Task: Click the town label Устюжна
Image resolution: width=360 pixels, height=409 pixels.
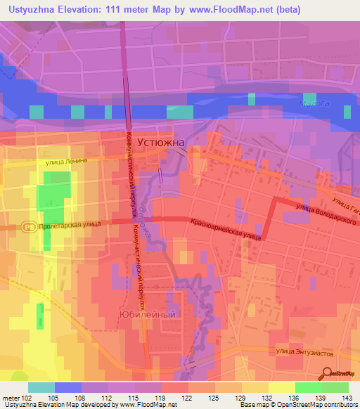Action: pyautogui.click(x=161, y=141)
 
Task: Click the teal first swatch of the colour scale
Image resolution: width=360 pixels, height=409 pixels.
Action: pyautogui.click(x=41, y=387)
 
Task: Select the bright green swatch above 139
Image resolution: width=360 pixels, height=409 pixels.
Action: pyautogui.click(x=309, y=387)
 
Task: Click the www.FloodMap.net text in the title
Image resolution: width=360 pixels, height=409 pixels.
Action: pyautogui.click(x=218, y=10)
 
